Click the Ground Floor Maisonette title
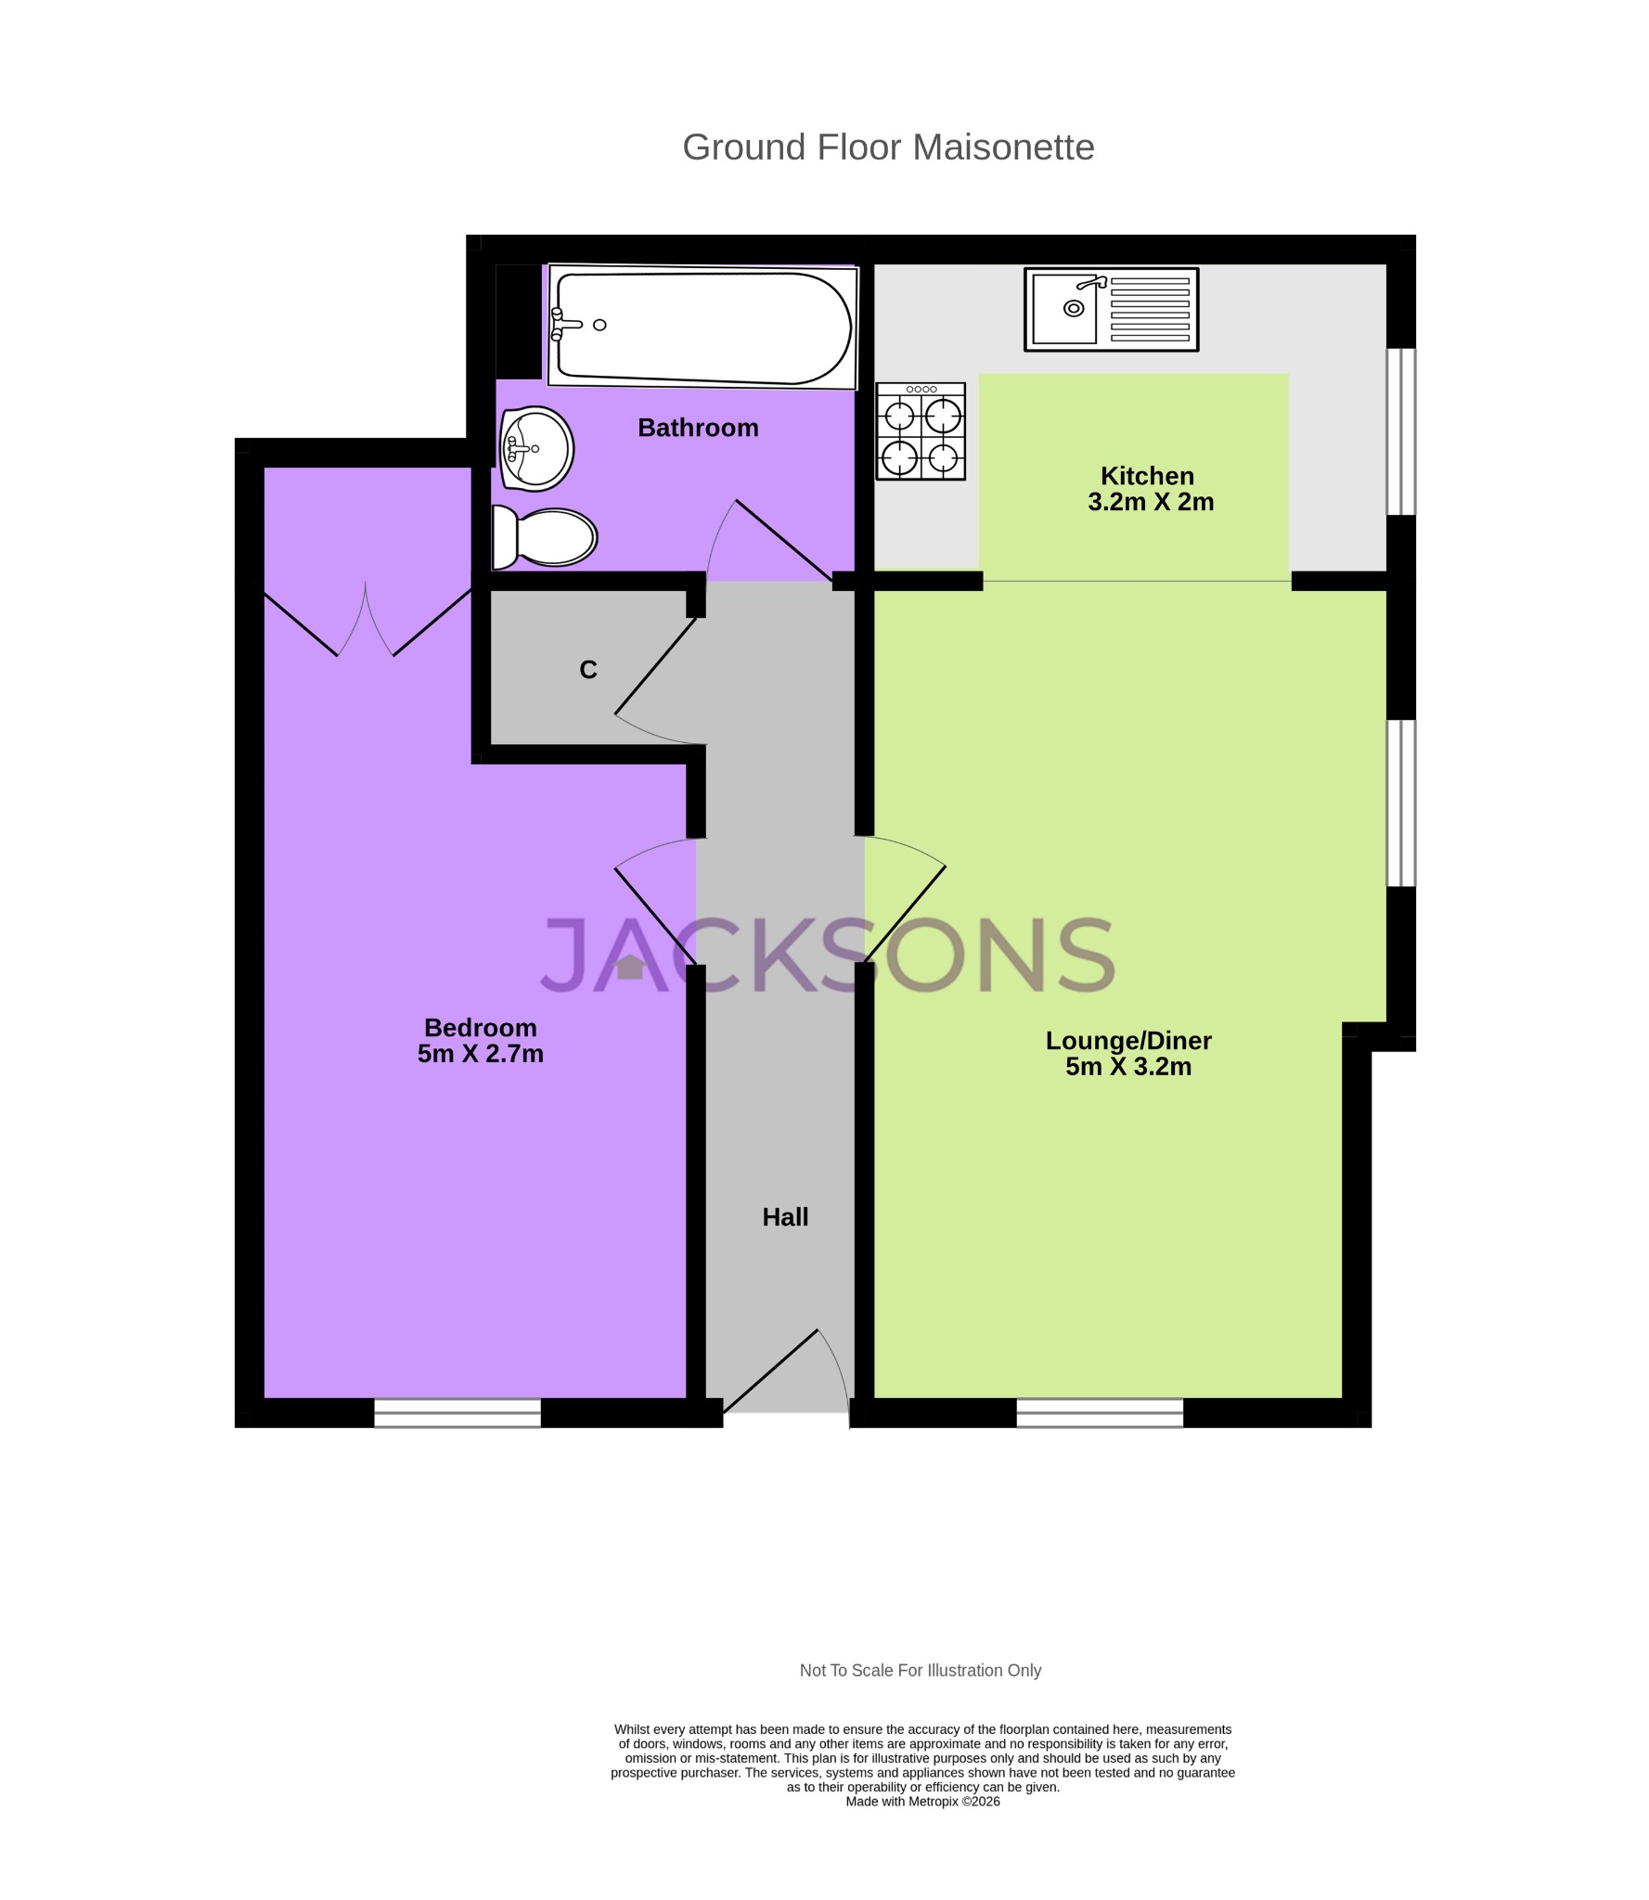(x=887, y=148)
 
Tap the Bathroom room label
(x=698, y=428)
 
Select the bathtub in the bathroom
(x=702, y=326)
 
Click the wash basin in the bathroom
(x=536, y=448)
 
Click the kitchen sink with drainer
(x=1111, y=310)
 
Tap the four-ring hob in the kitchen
(x=921, y=431)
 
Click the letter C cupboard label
(x=587, y=670)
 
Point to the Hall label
(x=785, y=1217)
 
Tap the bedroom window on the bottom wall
(x=457, y=1412)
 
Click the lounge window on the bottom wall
(x=1100, y=1412)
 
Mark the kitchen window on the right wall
(x=1400, y=431)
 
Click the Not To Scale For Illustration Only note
(x=920, y=1671)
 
